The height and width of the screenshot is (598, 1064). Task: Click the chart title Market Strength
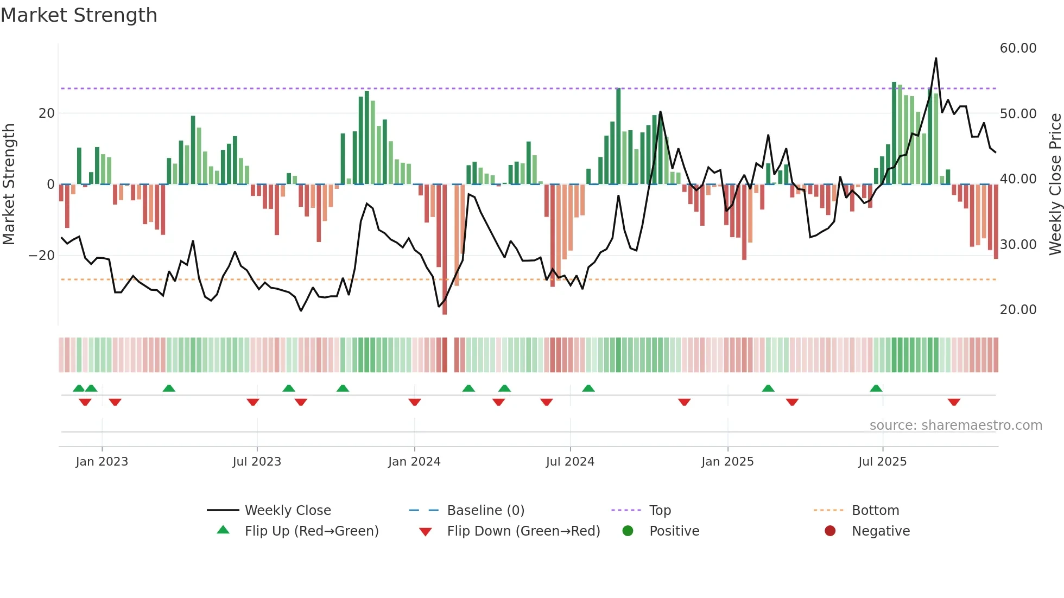point(79,15)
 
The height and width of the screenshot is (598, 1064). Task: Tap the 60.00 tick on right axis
point(1018,48)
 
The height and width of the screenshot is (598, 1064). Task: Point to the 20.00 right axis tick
point(1018,310)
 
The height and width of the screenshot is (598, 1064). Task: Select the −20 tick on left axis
point(42,256)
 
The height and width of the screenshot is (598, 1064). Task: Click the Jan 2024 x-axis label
point(414,462)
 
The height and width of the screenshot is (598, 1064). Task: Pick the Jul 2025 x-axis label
point(882,462)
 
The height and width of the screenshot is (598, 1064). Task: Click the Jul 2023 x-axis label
point(257,462)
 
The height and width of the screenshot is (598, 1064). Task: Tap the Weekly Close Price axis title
point(1055,185)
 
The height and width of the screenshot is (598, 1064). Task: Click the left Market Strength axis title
point(9,185)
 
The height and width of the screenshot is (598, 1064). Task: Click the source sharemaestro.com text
point(955,425)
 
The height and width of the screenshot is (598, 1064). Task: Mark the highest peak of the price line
point(936,59)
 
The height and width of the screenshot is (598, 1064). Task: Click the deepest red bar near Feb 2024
point(445,250)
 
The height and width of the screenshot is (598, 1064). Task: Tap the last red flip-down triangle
point(954,402)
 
